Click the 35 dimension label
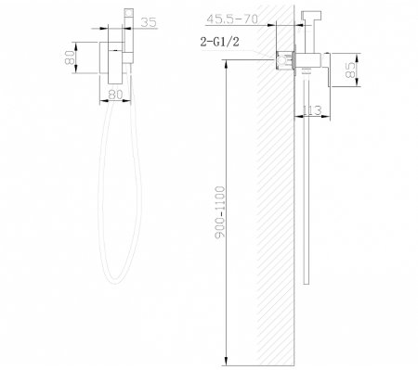click(x=149, y=22)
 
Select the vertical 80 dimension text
click(x=70, y=57)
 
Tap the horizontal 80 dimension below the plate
click(x=115, y=95)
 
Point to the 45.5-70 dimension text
click(x=232, y=19)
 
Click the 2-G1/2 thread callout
click(x=220, y=41)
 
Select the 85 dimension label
click(x=350, y=70)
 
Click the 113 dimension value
click(x=312, y=110)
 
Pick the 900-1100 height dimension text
click(x=220, y=212)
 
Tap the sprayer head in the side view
click(x=311, y=16)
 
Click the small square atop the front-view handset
click(x=128, y=13)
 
